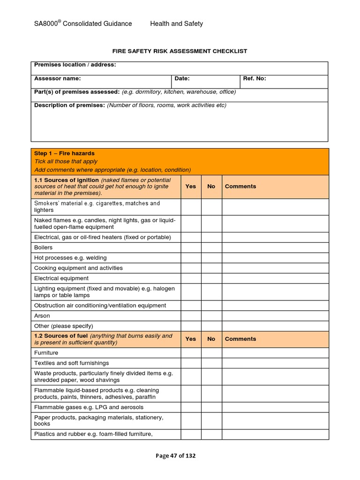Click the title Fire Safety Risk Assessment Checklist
[180, 51]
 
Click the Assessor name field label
[57, 79]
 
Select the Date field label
[182, 79]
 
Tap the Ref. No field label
[255, 79]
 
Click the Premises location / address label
[75, 65]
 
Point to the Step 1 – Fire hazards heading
[64, 153]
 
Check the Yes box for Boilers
[191, 247]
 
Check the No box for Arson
[211, 316]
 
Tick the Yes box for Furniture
[191, 352]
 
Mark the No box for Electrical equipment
[211, 278]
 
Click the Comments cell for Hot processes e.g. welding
[275, 258]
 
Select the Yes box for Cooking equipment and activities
[191, 268]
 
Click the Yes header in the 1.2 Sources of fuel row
[191, 339]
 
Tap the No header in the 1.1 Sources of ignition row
[211, 186]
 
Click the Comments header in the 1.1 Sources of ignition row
[240, 186]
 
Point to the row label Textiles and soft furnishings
[71, 363]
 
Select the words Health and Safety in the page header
[176, 23]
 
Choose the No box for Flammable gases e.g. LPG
[211, 407]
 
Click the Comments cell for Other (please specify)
[275, 326]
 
